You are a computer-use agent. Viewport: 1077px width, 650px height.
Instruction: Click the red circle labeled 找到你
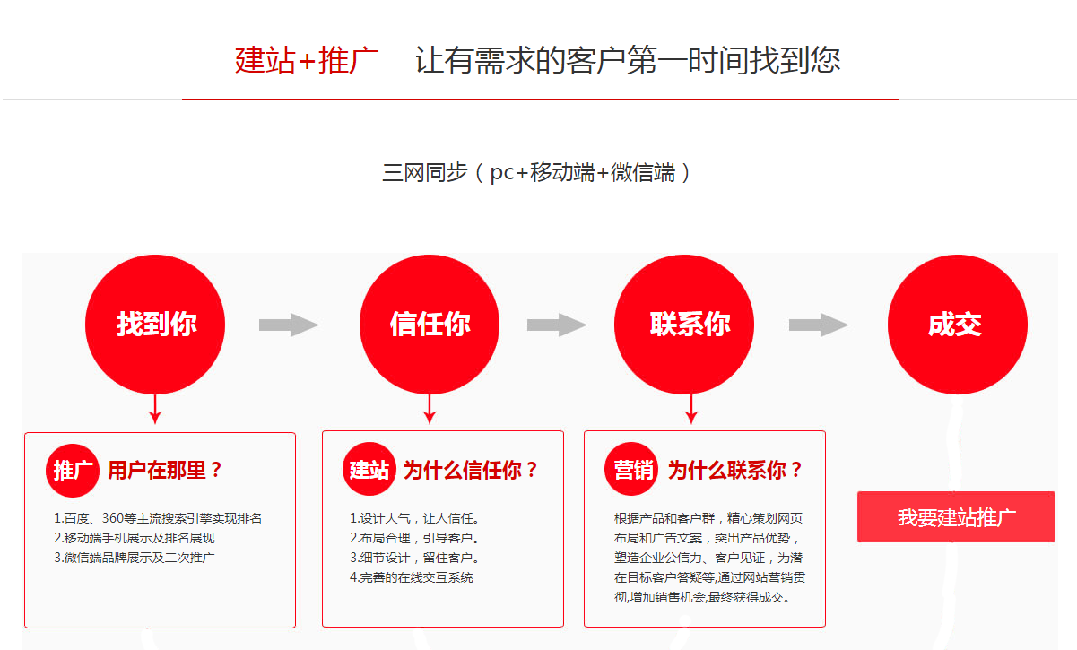[x=155, y=325]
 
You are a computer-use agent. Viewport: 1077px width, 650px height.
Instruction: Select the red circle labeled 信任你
[x=430, y=325]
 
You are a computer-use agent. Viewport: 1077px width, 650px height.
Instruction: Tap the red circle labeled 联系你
[x=684, y=325]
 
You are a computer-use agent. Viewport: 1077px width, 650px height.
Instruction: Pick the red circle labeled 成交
[x=958, y=325]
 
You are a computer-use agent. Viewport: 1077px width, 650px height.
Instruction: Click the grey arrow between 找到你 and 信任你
[x=289, y=325]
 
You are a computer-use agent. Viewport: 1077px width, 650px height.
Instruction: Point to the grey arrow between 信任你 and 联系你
[x=557, y=325]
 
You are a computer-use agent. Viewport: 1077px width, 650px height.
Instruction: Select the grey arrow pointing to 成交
[x=819, y=325]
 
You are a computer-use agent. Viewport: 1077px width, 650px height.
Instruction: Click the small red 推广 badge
[x=73, y=471]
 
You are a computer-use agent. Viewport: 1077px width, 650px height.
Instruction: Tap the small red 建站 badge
[x=369, y=469]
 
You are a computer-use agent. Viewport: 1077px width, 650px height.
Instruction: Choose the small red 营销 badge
[x=631, y=469]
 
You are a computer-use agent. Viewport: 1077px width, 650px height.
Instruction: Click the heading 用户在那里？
[x=165, y=470]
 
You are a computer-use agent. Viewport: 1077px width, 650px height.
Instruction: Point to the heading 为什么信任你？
[x=471, y=470]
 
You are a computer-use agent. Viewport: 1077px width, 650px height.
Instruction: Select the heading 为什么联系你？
[x=735, y=470]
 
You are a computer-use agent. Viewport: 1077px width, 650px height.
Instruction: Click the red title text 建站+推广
[x=307, y=61]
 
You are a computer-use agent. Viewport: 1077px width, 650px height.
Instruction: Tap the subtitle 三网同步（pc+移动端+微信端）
[x=536, y=173]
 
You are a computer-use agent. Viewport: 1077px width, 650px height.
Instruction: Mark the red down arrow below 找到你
[x=155, y=409]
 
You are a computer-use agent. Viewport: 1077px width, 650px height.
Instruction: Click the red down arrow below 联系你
[x=690, y=409]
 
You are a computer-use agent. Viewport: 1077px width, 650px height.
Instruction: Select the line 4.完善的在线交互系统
[x=412, y=577]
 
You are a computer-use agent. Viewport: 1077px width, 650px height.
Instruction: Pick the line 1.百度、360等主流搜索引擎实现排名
[x=158, y=518]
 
